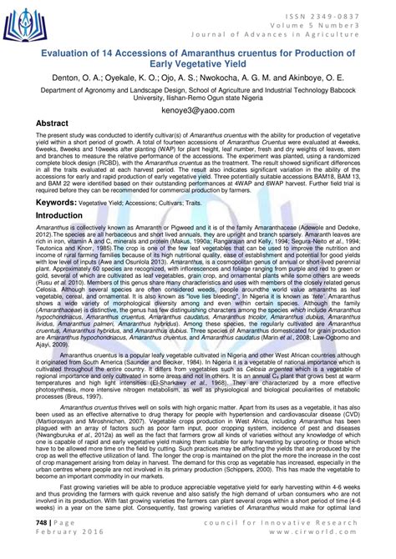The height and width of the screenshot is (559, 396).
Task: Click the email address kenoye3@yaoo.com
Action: click(x=197, y=109)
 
